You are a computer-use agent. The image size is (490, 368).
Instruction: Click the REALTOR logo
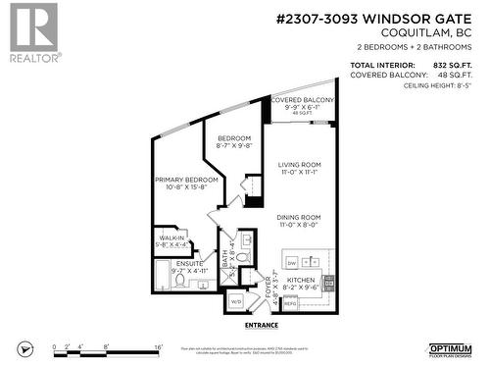(x=32, y=32)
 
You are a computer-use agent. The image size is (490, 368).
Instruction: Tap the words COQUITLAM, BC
(x=443, y=31)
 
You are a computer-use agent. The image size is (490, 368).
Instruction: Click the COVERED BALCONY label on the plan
(x=303, y=100)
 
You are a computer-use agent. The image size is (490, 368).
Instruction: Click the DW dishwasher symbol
(x=292, y=262)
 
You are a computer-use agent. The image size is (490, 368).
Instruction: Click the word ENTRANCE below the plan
(x=261, y=325)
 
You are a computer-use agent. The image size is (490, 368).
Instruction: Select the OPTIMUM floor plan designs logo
(x=452, y=349)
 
